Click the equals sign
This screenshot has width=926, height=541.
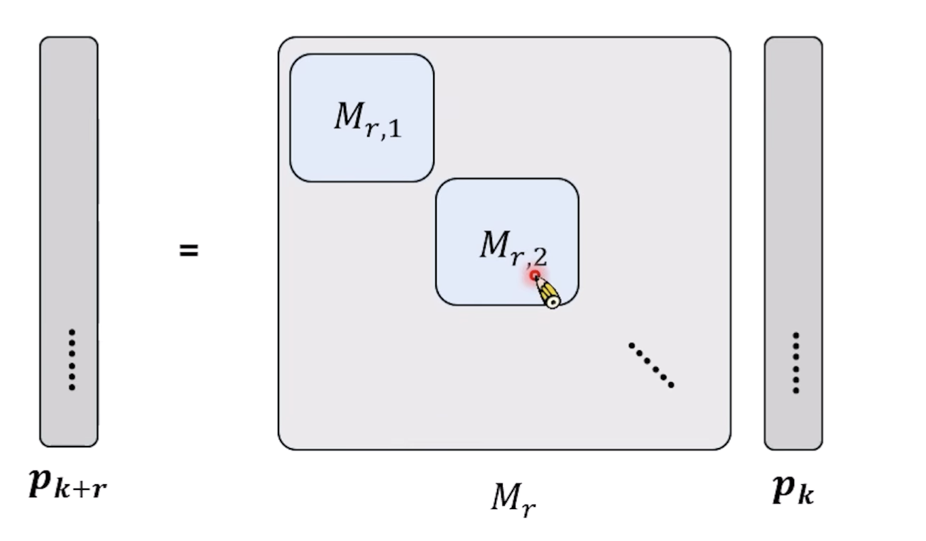pyautogui.click(x=188, y=251)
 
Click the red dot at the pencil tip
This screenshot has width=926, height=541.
pyautogui.click(x=535, y=275)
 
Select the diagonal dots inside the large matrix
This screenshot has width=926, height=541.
pyautogui.click(x=651, y=366)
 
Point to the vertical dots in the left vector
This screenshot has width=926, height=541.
pyautogui.click(x=72, y=359)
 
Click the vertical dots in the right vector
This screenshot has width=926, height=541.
pyautogui.click(x=796, y=363)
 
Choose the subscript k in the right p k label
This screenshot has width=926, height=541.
pyautogui.click(x=805, y=494)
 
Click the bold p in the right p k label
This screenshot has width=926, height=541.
pyautogui.click(x=783, y=489)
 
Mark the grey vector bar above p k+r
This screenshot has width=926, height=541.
pyautogui.click(x=69, y=241)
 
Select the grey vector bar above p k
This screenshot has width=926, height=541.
pyautogui.click(x=793, y=241)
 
